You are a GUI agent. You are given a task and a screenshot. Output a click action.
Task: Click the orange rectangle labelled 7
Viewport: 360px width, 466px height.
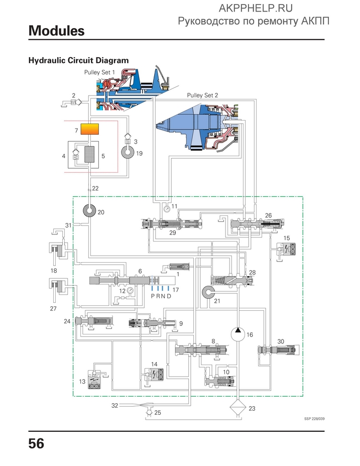[90, 129]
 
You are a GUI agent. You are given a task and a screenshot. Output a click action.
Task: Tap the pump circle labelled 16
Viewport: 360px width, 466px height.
[237, 334]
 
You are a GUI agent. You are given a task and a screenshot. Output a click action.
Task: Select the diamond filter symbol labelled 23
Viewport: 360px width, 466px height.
[237, 408]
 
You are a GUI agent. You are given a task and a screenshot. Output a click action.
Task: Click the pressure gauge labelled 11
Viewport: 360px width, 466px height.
[167, 208]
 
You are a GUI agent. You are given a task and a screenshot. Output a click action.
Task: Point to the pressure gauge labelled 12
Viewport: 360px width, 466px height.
[130, 291]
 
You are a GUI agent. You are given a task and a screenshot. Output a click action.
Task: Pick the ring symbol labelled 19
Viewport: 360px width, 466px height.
[128, 152]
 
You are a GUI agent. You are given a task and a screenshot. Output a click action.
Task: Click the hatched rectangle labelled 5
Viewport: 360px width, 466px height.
[89, 154]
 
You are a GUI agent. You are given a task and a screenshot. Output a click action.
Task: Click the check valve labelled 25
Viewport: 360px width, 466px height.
[149, 412]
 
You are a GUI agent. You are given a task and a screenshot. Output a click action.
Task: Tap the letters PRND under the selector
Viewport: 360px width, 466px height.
[161, 296]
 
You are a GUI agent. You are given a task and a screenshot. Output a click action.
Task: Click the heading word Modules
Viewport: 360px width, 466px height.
[56, 31]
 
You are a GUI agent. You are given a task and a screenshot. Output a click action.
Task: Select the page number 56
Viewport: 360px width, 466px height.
[36, 443]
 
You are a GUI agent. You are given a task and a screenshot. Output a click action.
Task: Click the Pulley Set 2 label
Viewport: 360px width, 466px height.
[202, 95]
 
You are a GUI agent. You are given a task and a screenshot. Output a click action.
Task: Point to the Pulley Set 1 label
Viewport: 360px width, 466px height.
[99, 72]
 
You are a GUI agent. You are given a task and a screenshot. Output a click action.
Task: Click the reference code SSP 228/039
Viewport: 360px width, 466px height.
[314, 419]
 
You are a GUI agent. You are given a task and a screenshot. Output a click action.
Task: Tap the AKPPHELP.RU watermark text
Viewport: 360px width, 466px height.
[256, 8]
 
